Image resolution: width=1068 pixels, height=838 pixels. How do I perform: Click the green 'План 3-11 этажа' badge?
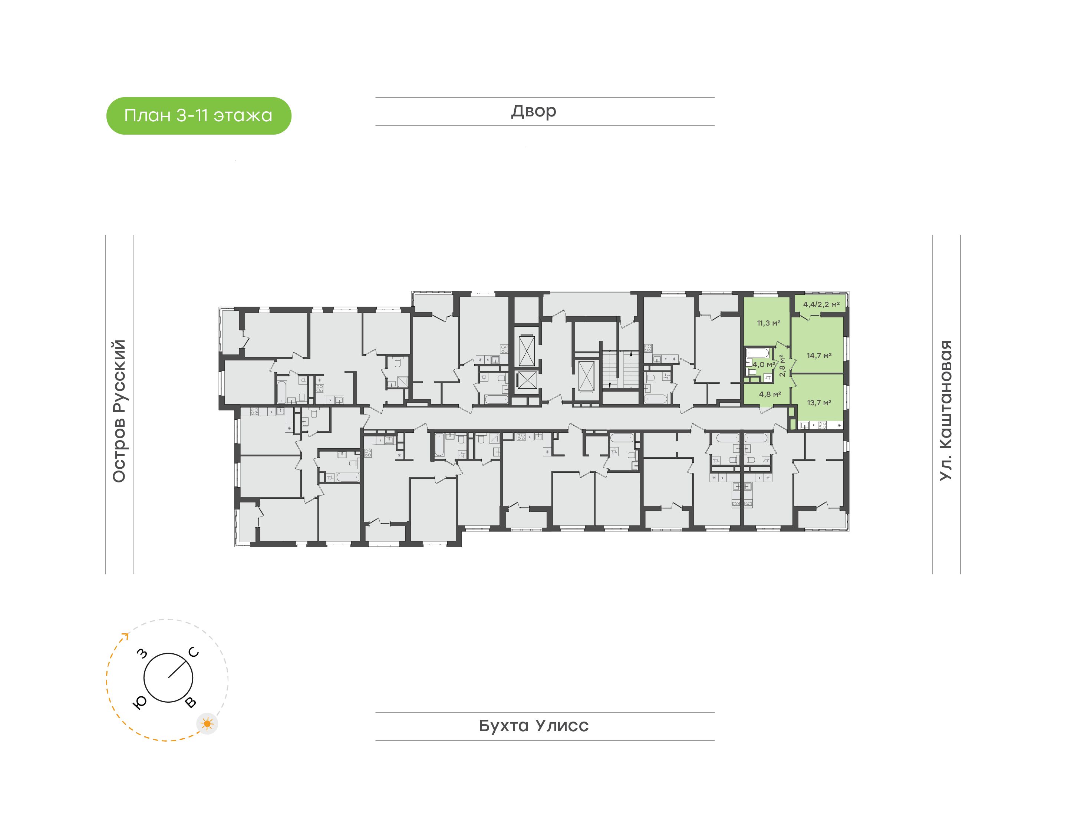tap(199, 116)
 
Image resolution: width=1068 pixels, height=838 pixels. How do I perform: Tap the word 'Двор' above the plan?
tap(534, 111)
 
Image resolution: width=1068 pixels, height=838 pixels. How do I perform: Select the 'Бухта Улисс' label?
tap(534, 725)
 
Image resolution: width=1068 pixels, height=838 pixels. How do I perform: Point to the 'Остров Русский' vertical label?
tap(119, 411)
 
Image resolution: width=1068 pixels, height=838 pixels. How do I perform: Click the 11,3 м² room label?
tap(768, 323)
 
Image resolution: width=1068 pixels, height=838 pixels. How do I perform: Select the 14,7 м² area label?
tap(819, 355)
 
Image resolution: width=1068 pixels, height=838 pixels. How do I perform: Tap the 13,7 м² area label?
tap(819, 403)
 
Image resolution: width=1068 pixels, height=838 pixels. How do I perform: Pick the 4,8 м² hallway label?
tap(770, 394)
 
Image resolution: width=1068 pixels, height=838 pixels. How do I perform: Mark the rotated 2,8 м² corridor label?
tap(782, 366)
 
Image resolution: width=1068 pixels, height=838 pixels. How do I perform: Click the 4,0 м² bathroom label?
tap(764, 364)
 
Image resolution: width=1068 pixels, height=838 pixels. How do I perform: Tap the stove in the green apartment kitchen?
tap(822, 425)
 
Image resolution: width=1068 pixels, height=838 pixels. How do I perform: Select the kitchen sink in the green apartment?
tap(805, 425)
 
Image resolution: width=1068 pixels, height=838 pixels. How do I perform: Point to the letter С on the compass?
tap(194, 653)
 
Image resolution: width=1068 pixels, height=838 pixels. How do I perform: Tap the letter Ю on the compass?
tap(140, 703)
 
